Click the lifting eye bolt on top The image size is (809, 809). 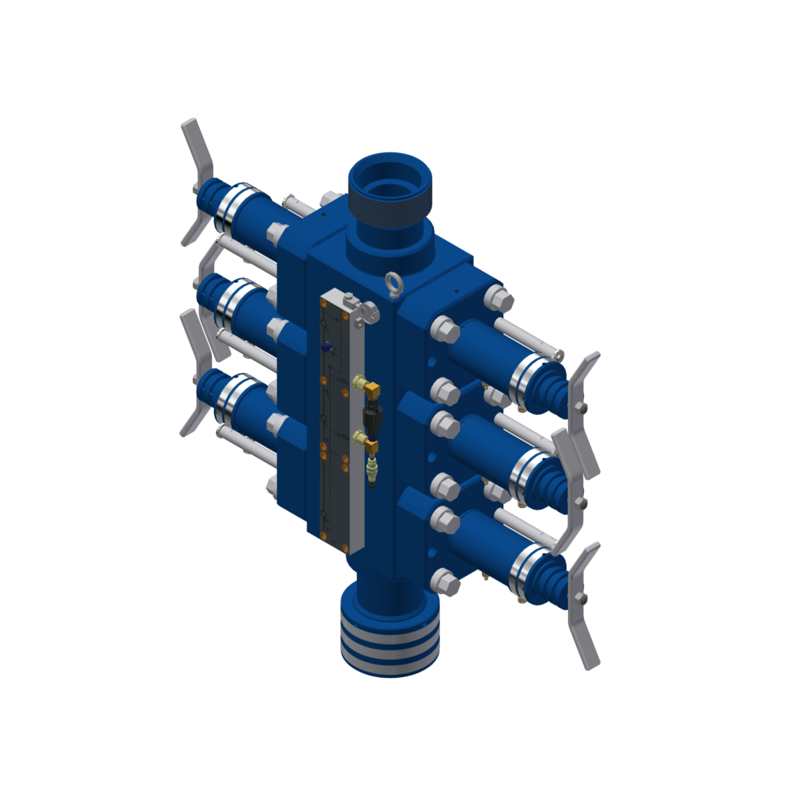click(x=393, y=282)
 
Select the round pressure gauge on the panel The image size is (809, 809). click(x=367, y=314)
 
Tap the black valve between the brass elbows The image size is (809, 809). click(x=372, y=416)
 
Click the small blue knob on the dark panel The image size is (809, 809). click(x=326, y=347)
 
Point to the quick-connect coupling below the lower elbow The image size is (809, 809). click(x=372, y=472)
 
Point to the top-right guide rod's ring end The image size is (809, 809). click(x=559, y=354)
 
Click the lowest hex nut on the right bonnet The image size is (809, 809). click(x=446, y=583)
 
